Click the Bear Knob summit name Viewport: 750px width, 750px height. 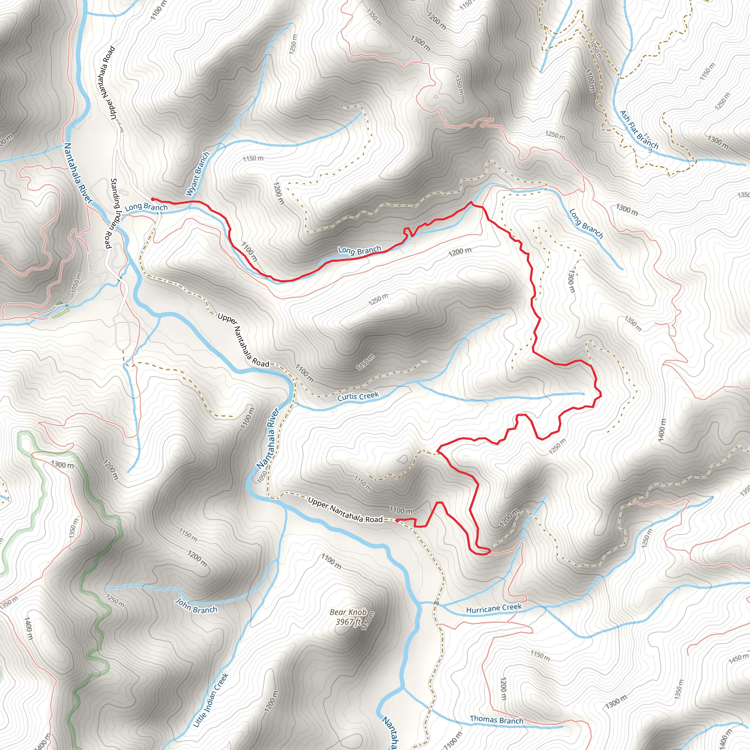[x=348, y=612]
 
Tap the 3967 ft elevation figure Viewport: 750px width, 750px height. [x=345, y=622]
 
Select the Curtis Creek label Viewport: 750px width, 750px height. [x=357, y=396]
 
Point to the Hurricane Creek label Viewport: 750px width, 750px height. [x=494, y=608]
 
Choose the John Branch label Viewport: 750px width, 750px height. [x=196, y=606]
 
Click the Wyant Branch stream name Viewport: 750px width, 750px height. [x=198, y=174]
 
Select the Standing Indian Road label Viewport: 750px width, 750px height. [x=111, y=213]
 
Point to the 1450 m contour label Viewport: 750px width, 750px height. [x=738, y=659]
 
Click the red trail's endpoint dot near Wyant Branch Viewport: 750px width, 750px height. [x=153, y=199]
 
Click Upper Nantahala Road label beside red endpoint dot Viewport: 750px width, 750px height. [x=345, y=510]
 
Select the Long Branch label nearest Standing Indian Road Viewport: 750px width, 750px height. [x=146, y=207]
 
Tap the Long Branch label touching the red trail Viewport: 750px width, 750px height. [x=360, y=250]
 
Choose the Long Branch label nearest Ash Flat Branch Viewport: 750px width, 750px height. [x=586, y=223]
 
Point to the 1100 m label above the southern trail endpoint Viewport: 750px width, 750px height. [x=401, y=510]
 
